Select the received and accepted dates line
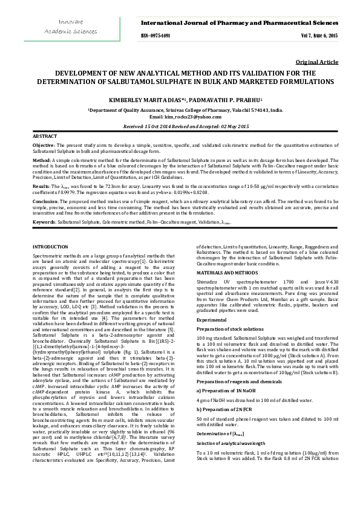(179, 126)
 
